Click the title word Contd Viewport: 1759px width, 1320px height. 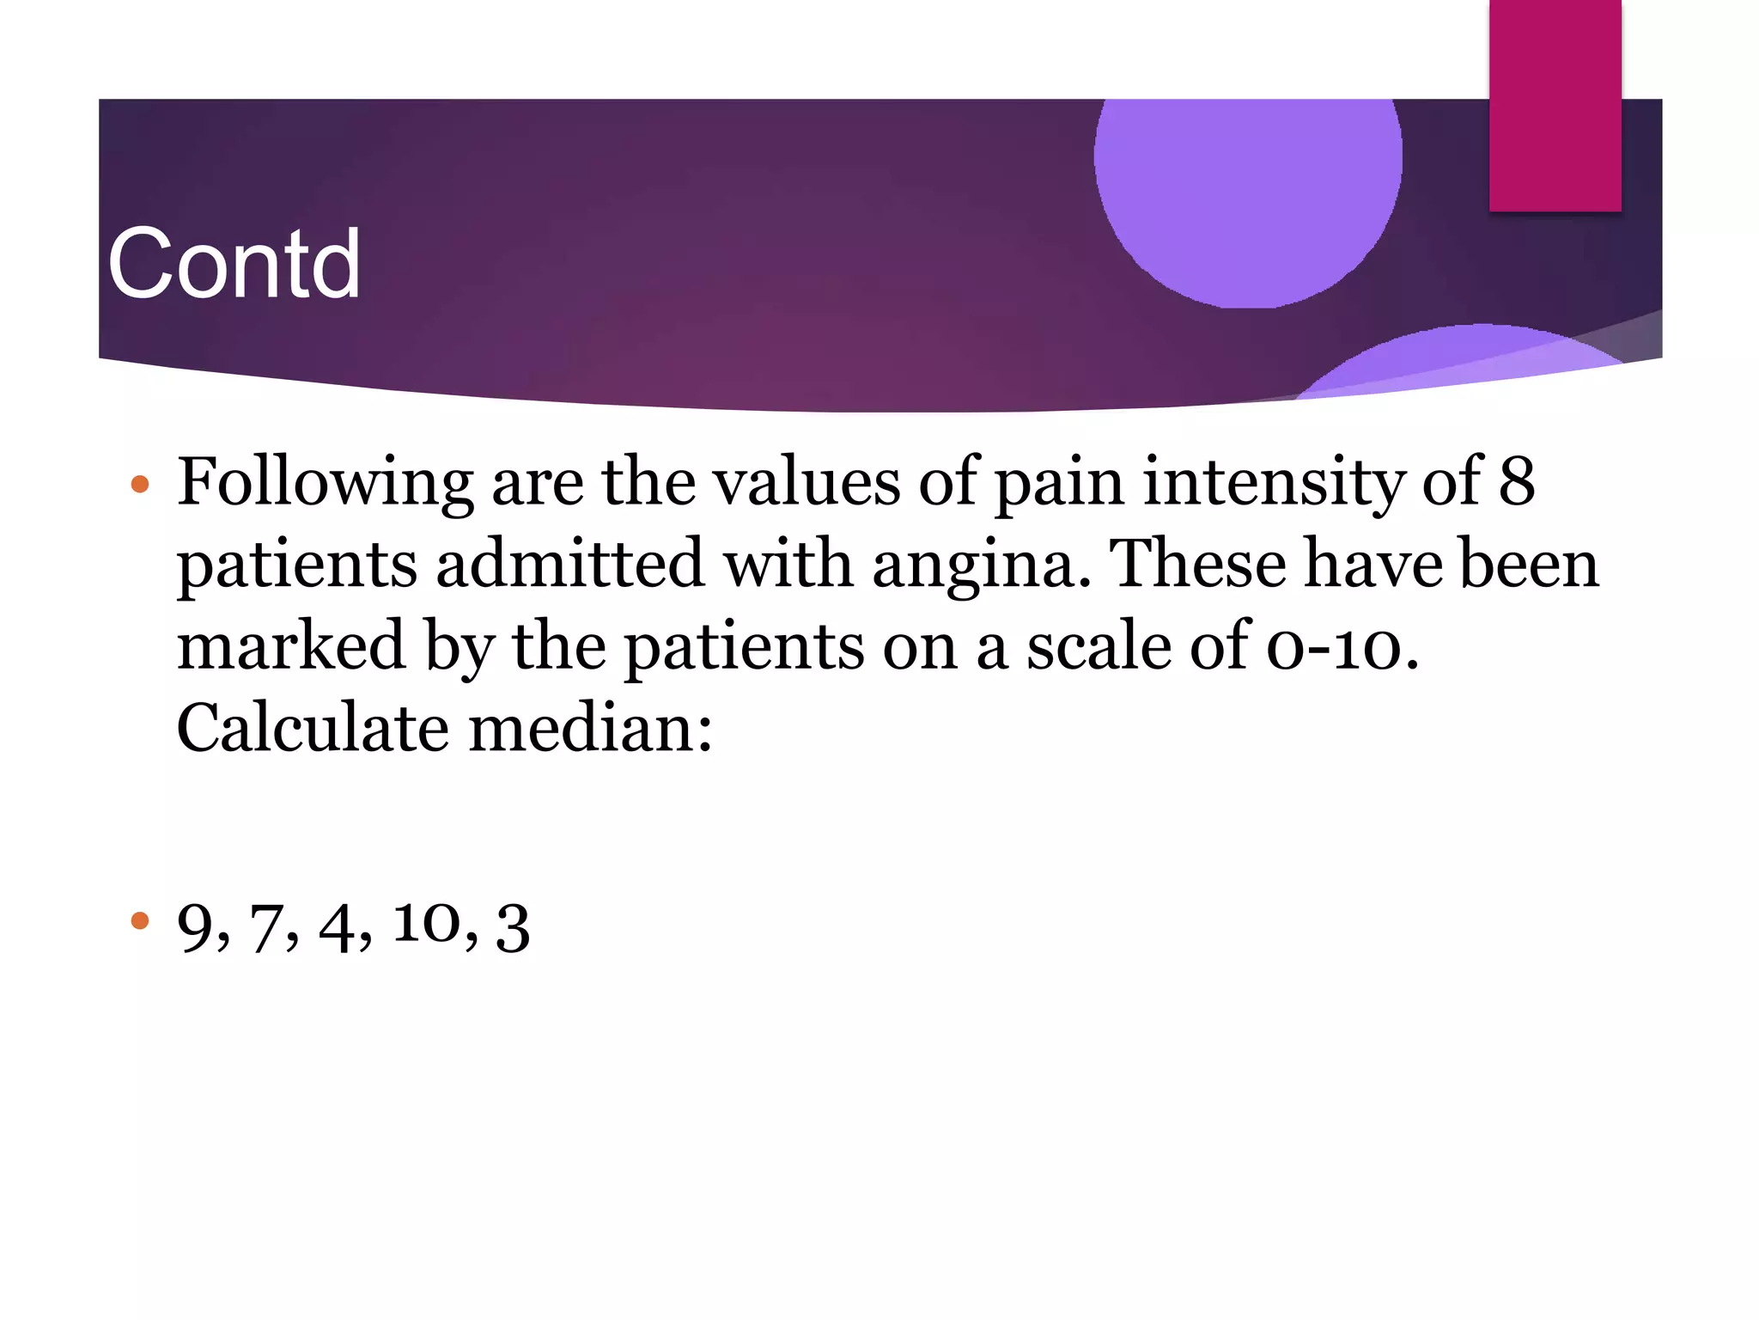(234, 264)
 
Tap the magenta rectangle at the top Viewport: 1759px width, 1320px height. (1555, 105)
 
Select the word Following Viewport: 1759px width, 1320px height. (325, 483)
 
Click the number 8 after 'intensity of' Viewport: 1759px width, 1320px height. (1517, 481)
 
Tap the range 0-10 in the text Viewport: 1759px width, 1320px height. (1342, 646)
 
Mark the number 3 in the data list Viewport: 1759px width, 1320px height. (513, 928)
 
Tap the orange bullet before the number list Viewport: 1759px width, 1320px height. (140, 922)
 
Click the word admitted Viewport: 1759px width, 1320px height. (570, 564)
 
